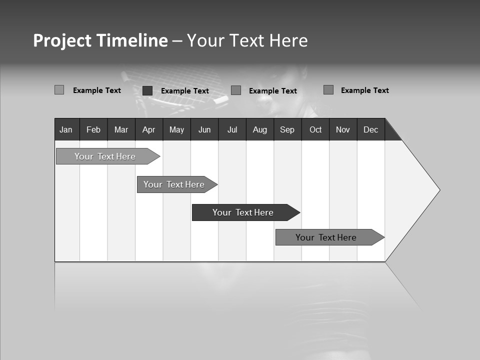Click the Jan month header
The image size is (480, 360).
click(x=66, y=129)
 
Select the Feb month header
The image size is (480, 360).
click(x=93, y=129)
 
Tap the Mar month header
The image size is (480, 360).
click(x=121, y=129)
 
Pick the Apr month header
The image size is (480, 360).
click(x=148, y=129)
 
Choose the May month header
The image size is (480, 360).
click(x=176, y=129)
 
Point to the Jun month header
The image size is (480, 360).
click(x=204, y=129)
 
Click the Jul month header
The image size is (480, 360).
click(x=232, y=129)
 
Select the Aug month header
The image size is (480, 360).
click(x=260, y=129)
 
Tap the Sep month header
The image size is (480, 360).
click(x=287, y=129)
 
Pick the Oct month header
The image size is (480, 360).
click(x=315, y=129)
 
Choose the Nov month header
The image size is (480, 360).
click(x=343, y=129)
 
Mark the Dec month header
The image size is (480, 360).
click(x=371, y=129)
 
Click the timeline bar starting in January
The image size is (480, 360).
click(x=105, y=156)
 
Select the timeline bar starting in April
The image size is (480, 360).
click(x=174, y=184)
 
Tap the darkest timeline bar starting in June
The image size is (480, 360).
click(x=243, y=212)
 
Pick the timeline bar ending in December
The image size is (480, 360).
click(x=326, y=237)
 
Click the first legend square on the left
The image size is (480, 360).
click(x=59, y=90)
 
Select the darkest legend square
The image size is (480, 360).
click(x=147, y=90)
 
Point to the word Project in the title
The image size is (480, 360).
click(x=62, y=40)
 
